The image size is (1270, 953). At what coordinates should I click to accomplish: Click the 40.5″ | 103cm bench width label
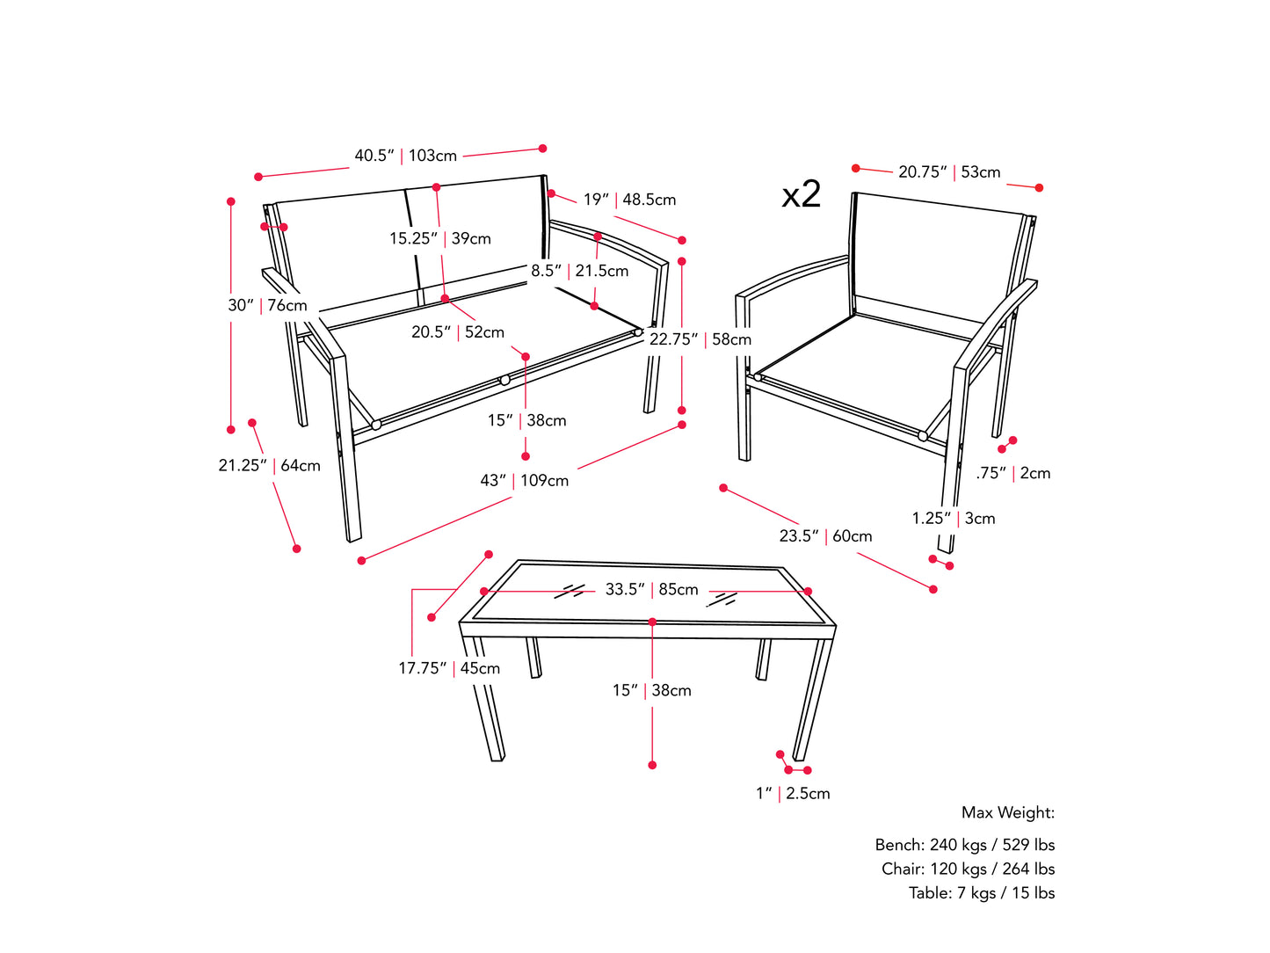[x=405, y=155]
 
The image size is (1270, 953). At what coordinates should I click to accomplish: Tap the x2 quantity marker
[x=801, y=193]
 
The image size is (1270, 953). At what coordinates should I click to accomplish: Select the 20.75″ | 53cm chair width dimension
[x=949, y=171]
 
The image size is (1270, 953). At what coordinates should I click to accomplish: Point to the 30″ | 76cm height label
[x=267, y=305]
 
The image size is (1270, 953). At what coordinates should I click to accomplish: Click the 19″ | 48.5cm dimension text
[x=629, y=200]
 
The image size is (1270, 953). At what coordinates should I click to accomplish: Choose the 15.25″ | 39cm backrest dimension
[x=439, y=238]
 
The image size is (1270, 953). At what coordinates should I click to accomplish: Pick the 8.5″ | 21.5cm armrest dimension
[x=580, y=271]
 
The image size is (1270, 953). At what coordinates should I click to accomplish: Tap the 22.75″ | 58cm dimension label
[x=700, y=339]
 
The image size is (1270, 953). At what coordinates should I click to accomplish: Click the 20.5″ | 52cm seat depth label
[x=458, y=332]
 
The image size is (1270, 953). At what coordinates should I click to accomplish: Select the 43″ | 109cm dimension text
[x=524, y=480]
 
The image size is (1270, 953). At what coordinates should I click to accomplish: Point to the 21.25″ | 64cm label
[x=269, y=465]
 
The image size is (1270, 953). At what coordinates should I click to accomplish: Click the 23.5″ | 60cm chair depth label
[x=825, y=535]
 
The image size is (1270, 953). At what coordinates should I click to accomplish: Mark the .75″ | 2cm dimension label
[x=1012, y=473]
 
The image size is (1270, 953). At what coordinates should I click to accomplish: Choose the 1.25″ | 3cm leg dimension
[x=954, y=519]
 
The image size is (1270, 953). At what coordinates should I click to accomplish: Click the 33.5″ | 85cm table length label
[x=651, y=590]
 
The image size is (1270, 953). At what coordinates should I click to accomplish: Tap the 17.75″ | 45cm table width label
[x=449, y=668]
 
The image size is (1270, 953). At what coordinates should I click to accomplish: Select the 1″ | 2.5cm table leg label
[x=793, y=793]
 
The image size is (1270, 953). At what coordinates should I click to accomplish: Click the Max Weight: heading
[x=1008, y=813]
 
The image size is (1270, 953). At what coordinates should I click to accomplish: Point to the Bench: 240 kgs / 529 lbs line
[x=964, y=845]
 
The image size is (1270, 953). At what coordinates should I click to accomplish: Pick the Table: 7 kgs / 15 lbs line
[x=982, y=893]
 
